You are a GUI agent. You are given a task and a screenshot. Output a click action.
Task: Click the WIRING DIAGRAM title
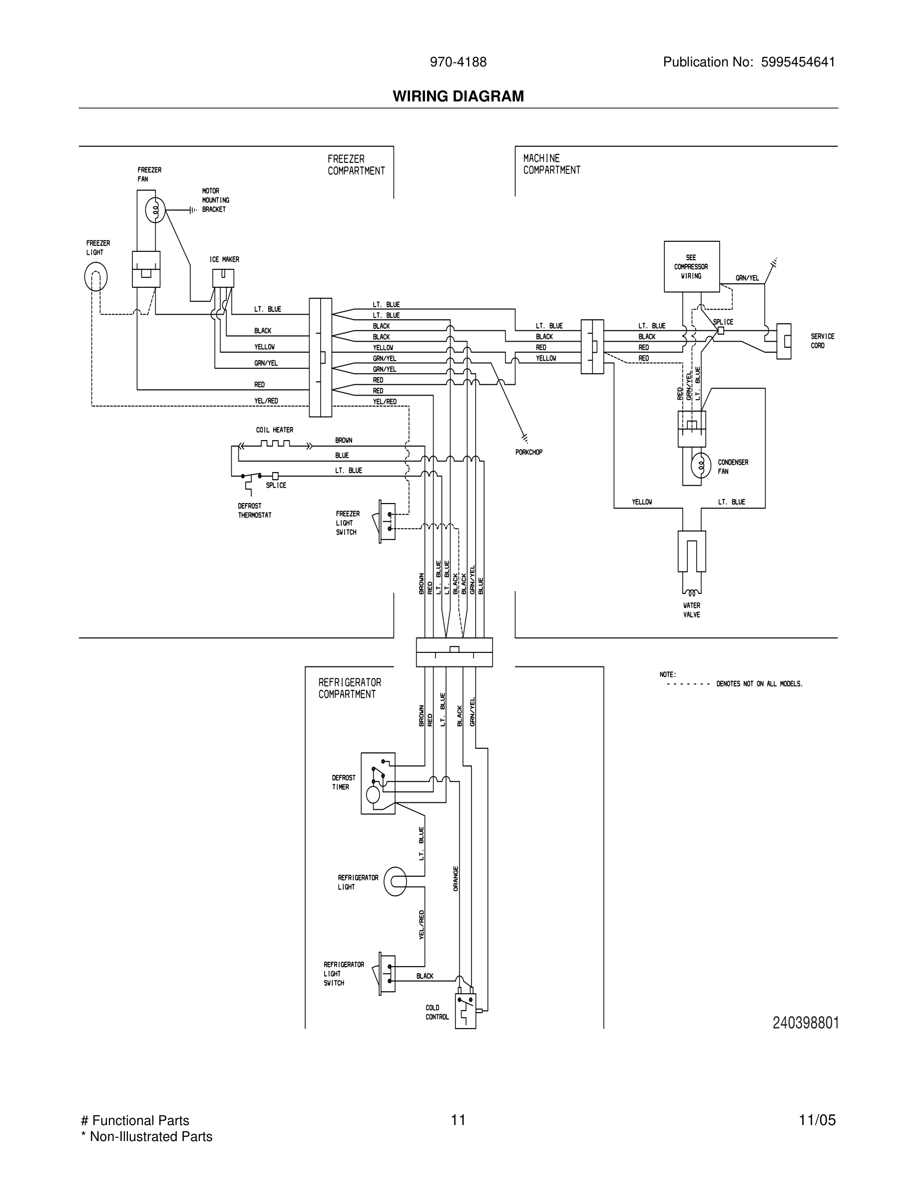(x=458, y=96)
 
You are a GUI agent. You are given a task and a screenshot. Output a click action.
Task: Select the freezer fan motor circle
(x=155, y=210)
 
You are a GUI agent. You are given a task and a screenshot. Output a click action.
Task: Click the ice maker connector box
(x=223, y=278)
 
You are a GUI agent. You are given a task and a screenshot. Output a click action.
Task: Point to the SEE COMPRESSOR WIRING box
(x=692, y=267)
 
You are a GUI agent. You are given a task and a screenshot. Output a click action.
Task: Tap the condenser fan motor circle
(x=701, y=465)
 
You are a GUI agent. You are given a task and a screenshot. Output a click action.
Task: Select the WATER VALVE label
(x=691, y=610)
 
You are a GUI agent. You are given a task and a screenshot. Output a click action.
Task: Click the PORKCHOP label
(x=528, y=452)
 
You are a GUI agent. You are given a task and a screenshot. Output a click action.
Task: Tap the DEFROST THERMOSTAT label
(x=254, y=511)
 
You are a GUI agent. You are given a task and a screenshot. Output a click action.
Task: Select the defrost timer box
(x=378, y=783)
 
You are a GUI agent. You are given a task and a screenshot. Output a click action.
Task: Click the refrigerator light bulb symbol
(x=395, y=881)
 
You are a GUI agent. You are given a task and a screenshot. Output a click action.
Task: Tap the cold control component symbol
(x=465, y=1010)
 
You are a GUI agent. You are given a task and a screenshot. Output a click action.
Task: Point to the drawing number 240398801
(x=806, y=1023)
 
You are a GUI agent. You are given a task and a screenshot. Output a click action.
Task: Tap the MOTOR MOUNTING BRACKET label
(x=215, y=200)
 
